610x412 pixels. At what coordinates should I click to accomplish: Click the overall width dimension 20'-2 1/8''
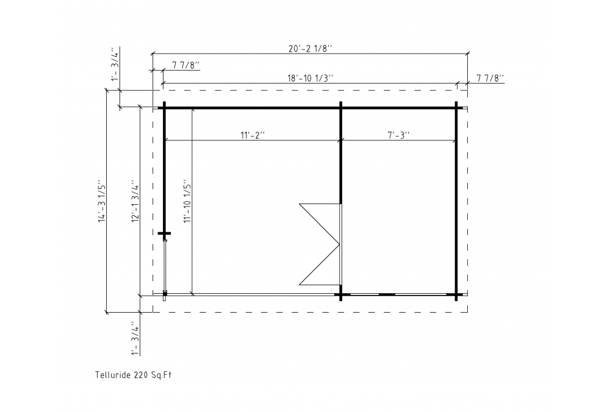click(x=310, y=48)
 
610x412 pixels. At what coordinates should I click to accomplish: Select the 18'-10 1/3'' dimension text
click(x=310, y=78)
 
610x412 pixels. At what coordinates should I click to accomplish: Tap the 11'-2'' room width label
click(x=253, y=135)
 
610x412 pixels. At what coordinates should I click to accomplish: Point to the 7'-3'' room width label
click(x=399, y=135)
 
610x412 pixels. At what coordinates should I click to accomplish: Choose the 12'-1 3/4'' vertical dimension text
click(x=135, y=201)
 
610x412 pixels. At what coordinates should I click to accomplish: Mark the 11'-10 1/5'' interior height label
click(x=187, y=201)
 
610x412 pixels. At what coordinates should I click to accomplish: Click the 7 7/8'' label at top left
click(x=186, y=65)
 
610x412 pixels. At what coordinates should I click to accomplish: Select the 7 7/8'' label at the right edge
click(x=490, y=78)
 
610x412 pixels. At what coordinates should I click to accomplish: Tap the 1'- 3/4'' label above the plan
click(x=114, y=65)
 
